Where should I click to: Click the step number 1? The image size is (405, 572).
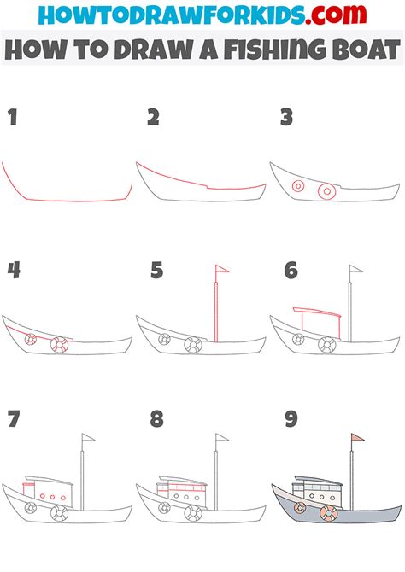pos(12,118)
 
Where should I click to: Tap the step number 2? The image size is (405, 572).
pos(153,118)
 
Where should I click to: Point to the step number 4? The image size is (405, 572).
pos(14,271)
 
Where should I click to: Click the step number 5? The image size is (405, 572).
pos(156,271)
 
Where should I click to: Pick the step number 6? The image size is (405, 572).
pos(291,271)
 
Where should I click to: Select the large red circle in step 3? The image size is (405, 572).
pos(326,192)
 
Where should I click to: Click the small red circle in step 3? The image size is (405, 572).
pos(297,185)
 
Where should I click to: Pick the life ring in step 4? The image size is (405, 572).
pos(58,345)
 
